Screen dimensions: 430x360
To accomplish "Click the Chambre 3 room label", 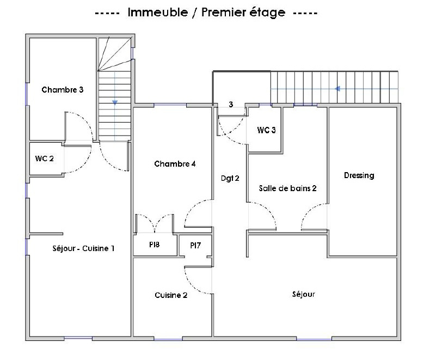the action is [x=63, y=90].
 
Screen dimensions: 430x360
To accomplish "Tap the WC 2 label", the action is [x=45, y=158].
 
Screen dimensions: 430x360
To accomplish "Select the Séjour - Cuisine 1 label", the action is [x=83, y=248].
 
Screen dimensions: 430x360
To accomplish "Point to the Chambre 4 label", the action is [x=175, y=164].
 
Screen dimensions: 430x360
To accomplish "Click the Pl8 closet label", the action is [x=155, y=245].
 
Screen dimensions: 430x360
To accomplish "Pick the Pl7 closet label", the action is [x=195, y=245].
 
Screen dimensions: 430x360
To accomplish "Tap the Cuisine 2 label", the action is [x=171, y=295].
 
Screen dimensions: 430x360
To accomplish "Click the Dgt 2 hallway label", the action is [x=230, y=178].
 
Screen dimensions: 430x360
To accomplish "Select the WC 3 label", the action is [x=266, y=130].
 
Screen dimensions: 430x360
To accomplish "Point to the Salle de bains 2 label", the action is [x=288, y=188].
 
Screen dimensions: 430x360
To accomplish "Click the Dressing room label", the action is [x=359, y=175].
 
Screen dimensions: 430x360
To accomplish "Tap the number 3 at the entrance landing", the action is [x=231, y=104].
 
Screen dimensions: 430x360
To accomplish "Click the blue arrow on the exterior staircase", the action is [x=337, y=89].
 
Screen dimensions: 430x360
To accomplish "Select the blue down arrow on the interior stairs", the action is [x=115, y=102].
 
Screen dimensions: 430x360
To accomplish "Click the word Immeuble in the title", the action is [x=158, y=13].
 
